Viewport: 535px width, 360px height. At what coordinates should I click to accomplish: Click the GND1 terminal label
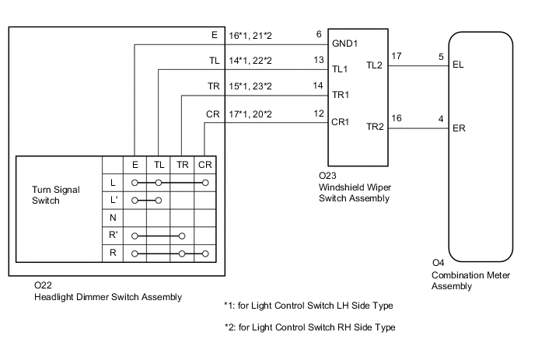[344, 44]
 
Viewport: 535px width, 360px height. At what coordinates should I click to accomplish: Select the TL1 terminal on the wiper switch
[340, 68]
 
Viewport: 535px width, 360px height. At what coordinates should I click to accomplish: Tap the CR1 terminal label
[341, 122]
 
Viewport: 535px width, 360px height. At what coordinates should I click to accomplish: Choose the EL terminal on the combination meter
[457, 66]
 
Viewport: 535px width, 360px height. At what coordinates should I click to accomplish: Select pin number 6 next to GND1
[319, 34]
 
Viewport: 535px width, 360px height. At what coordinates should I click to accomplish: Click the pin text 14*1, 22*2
[250, 59]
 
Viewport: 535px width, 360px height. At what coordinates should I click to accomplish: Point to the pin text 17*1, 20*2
[250, 114]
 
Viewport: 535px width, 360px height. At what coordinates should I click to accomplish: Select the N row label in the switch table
[114, 217]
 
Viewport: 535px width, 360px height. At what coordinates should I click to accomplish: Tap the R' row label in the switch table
[114, 235]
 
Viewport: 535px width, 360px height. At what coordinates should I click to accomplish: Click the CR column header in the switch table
[205, 165]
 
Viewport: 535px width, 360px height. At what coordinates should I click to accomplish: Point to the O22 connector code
[43, 286]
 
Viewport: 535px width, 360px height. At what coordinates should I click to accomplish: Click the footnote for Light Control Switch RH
[309, 327]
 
